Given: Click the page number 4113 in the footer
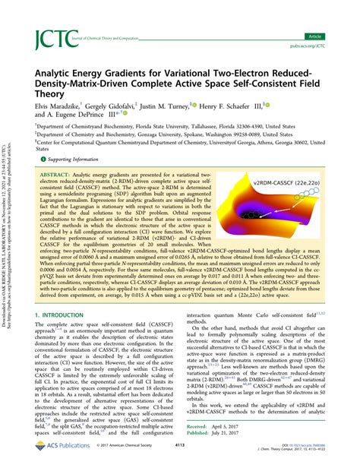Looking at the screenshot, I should click(182, 456).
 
